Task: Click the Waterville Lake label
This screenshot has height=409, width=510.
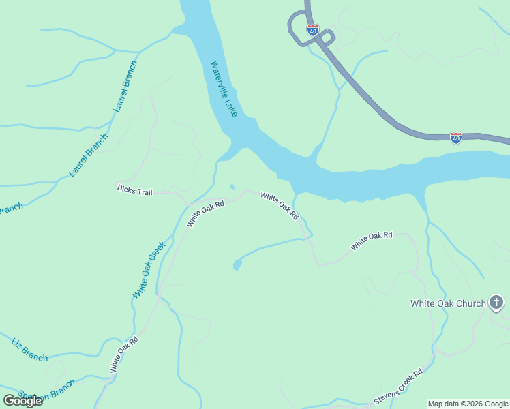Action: click(224, 89)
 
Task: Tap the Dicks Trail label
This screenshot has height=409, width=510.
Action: click(134, 191)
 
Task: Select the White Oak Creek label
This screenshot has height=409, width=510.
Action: click(149, 270)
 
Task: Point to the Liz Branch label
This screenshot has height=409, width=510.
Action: click(30, 348)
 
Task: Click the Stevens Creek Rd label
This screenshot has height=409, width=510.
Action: click(398, 387)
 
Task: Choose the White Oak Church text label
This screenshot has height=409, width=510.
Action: click(447, 303)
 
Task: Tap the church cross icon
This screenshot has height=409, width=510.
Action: click(496, 303)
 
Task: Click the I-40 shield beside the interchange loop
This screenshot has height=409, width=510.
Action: click(313, 30)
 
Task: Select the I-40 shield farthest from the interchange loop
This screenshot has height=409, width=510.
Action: click(456, 138)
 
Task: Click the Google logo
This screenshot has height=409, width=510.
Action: click(22, 401)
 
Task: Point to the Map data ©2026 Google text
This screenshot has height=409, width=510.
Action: click(468, 404)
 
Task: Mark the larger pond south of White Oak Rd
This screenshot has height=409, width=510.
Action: click(237, 264)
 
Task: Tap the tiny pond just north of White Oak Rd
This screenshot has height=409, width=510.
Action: click(232, 186)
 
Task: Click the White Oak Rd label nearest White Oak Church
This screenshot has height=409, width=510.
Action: click(372, 241)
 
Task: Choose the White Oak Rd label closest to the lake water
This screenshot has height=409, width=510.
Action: click(280, 206)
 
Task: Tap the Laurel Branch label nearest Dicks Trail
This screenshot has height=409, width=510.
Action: click(89, 155)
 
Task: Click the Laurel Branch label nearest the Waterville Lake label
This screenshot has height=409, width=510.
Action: click(125, 87)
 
